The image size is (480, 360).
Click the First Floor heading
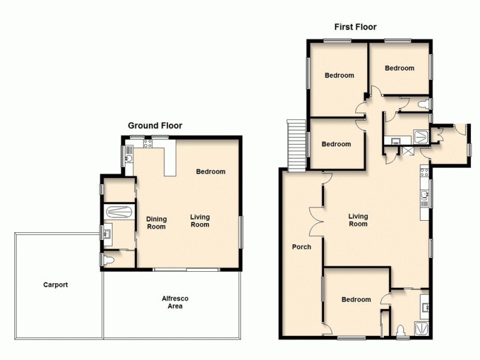355,27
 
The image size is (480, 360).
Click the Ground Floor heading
155,125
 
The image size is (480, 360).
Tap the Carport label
55,285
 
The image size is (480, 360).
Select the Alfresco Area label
172,302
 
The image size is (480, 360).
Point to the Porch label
301,247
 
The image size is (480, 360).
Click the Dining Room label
157,223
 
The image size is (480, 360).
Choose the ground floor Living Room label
200,221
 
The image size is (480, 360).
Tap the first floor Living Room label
358,220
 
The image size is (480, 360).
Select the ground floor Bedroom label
211,172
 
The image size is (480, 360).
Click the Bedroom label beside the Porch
356,299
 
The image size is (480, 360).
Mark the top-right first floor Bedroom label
400,68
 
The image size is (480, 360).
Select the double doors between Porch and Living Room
315,220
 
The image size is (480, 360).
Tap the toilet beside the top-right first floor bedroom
424,105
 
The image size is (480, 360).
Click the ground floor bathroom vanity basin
106,232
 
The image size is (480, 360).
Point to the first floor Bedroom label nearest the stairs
336,144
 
